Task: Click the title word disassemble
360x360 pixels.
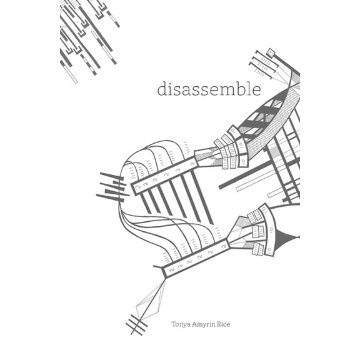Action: [x=209, y=88]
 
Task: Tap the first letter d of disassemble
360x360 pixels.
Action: [x=162, y=88]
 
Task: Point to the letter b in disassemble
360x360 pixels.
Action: [x=242, y=88]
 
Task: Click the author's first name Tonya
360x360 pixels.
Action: [x=181, y=324]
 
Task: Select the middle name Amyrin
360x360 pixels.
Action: [x=204, y=324]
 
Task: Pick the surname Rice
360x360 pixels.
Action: [x=224, y=324]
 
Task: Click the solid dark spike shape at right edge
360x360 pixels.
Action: [x=287, y=237]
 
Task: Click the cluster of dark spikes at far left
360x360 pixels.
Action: [x=112, y=187]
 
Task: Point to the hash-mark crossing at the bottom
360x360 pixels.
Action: [x=137, y=324]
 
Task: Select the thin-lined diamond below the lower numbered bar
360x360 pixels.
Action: [x=151, y=299]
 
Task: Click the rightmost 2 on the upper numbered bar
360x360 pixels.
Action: [x=192, y=164]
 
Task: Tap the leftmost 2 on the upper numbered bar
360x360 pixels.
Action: [x=137, y=187]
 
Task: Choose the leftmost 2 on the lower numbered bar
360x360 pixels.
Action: [x=171, y=270]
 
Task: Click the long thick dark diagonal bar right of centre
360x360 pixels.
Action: [x=246, y=174]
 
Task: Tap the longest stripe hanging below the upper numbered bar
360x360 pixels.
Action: [x=202, y=197]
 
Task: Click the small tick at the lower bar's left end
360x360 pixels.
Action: [x=158, y=267]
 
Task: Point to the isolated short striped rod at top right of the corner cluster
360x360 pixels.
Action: [x=113, y=19]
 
